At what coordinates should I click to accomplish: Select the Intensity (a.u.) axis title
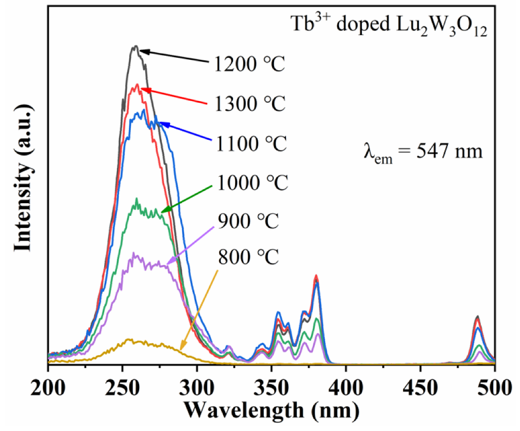23,180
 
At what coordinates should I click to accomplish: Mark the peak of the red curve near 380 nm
316,276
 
